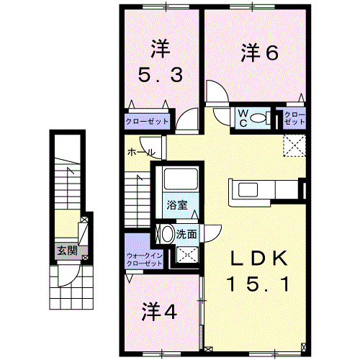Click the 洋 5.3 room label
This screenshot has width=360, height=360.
click(x=160, y=62)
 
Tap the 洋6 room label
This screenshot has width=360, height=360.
click(x=259, y=52)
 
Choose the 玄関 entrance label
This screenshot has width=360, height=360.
click(x=67, y=251)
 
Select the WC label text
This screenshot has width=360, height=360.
click(x=245, y=117)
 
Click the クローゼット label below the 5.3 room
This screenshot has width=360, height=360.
click(x=148, y=122)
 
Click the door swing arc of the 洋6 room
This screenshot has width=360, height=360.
click(x=215, y=91)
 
